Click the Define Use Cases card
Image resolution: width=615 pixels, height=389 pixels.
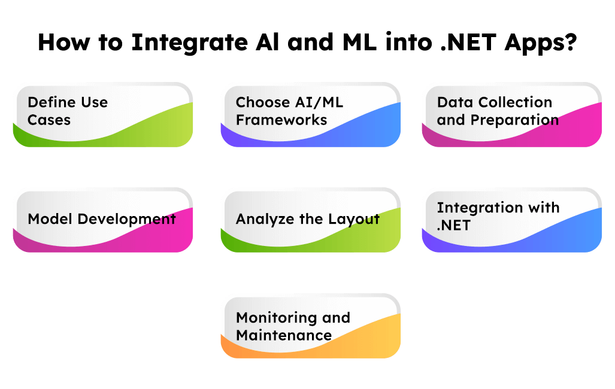click(x=103, y=115)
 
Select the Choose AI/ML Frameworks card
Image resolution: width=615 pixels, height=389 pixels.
click(x=311, y=115)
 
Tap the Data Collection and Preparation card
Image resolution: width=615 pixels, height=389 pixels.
click(x=512, y=115)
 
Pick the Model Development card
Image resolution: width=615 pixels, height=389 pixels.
click(x=103, y=220)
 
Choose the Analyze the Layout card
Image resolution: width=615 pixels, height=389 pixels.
click(x=311, y=220)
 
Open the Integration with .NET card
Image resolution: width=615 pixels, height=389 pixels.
click(x=512, y=220)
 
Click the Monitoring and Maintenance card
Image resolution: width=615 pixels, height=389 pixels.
click(x=311, y=326)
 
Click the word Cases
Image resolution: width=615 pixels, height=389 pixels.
click(x=49, y=120)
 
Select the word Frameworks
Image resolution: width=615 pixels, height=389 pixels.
click(x=281, y=120)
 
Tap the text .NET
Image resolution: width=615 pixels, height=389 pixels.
click(x=454, y=226)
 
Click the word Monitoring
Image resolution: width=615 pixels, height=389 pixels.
click(x=272, y=318)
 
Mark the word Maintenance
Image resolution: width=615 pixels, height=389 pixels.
click(x=284, y=336)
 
